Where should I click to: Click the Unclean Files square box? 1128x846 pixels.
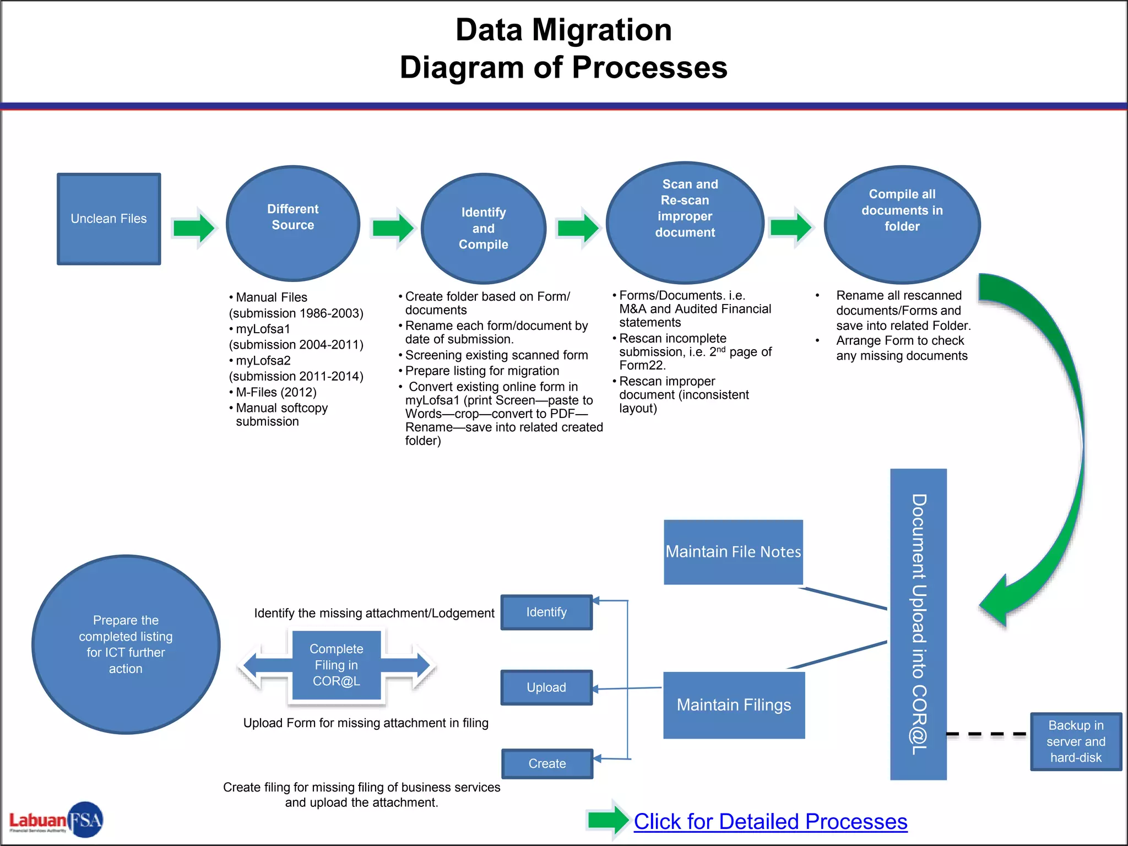coord(109,219)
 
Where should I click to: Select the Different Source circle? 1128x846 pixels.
coord(292,223)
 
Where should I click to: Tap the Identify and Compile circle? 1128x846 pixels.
coord(483,229)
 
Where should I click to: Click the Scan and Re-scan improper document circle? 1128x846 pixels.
coord(685,222)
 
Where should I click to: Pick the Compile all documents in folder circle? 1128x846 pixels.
coord(902,224)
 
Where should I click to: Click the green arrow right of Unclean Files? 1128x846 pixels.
coord(193,227)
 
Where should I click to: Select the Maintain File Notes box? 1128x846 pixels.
coord(733,552)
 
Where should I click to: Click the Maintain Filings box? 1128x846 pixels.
coord(734,705)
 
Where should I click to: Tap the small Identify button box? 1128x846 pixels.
coord(546,612)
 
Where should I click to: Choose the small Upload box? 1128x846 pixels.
coord(546,687)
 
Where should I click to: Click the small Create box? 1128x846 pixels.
coord(547,763)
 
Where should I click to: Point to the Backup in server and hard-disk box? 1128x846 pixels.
coord(1075,741)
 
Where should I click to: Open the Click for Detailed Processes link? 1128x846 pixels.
coord(770,821)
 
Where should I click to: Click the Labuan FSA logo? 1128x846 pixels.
coord(56,820)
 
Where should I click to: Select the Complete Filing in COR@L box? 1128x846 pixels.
coord(336,665)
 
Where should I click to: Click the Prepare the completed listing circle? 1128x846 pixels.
coord(126,644)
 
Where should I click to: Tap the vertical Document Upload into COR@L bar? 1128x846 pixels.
coord(918,624)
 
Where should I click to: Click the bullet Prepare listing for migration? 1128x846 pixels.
coord(482,371)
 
